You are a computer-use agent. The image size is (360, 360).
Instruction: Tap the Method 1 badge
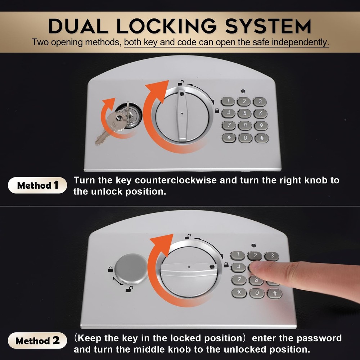point(37,185)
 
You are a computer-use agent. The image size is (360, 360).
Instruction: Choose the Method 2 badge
point(37,341)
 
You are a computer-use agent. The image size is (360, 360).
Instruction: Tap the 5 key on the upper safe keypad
point(244,113)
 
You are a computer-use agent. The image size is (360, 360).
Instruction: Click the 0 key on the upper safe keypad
point(245,138)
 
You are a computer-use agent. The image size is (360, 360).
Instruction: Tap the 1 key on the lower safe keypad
point(238,256)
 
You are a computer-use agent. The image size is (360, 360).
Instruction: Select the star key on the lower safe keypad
point(239,292)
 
